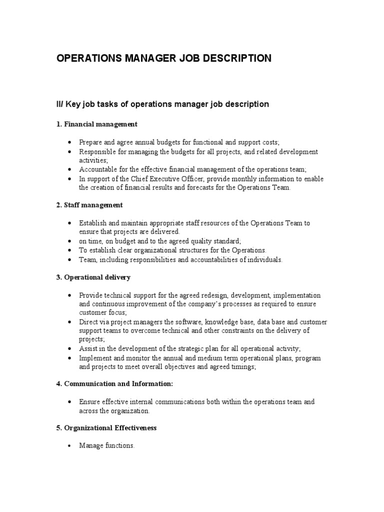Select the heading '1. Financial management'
point(96,124)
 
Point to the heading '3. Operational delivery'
point(93,277)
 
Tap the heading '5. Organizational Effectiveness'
point(106,428)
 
